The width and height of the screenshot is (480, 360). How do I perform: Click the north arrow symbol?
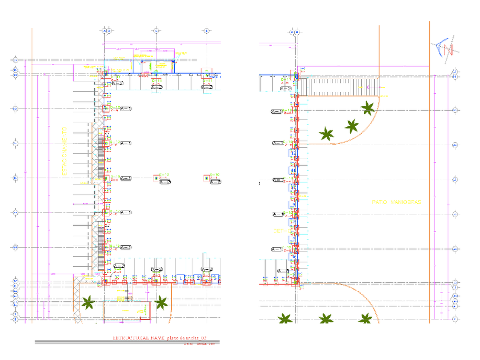(x=443, y=48)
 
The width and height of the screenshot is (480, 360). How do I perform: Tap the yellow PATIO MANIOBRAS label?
(x=396, y=202)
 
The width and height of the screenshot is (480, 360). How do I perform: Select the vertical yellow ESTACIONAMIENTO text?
(x=65, y=151)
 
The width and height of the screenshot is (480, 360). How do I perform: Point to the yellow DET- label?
(x=279, y=231)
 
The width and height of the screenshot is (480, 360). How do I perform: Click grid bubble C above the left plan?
(x=155, y=30)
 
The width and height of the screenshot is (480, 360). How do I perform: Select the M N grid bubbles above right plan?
(x=294, y=32)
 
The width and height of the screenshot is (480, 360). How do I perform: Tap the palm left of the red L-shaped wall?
(x=88, y=302)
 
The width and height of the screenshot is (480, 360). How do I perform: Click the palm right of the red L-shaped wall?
(x=162, y=302)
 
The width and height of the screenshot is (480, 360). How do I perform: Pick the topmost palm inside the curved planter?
(x=367, y=107)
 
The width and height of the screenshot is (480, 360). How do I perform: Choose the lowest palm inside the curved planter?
(x=326, y=134)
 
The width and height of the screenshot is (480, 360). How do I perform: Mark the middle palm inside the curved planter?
(x=351, y=125)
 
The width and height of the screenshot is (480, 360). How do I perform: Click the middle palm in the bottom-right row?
(x=325, y=319)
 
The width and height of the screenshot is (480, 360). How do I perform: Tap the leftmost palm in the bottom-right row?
(x=284, y=319)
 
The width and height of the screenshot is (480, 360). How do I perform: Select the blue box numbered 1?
(x=181, y=278)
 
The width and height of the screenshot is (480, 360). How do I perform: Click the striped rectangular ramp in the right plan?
(x=332, y=87)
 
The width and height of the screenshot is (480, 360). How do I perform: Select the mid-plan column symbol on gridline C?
(x=155, y=178)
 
